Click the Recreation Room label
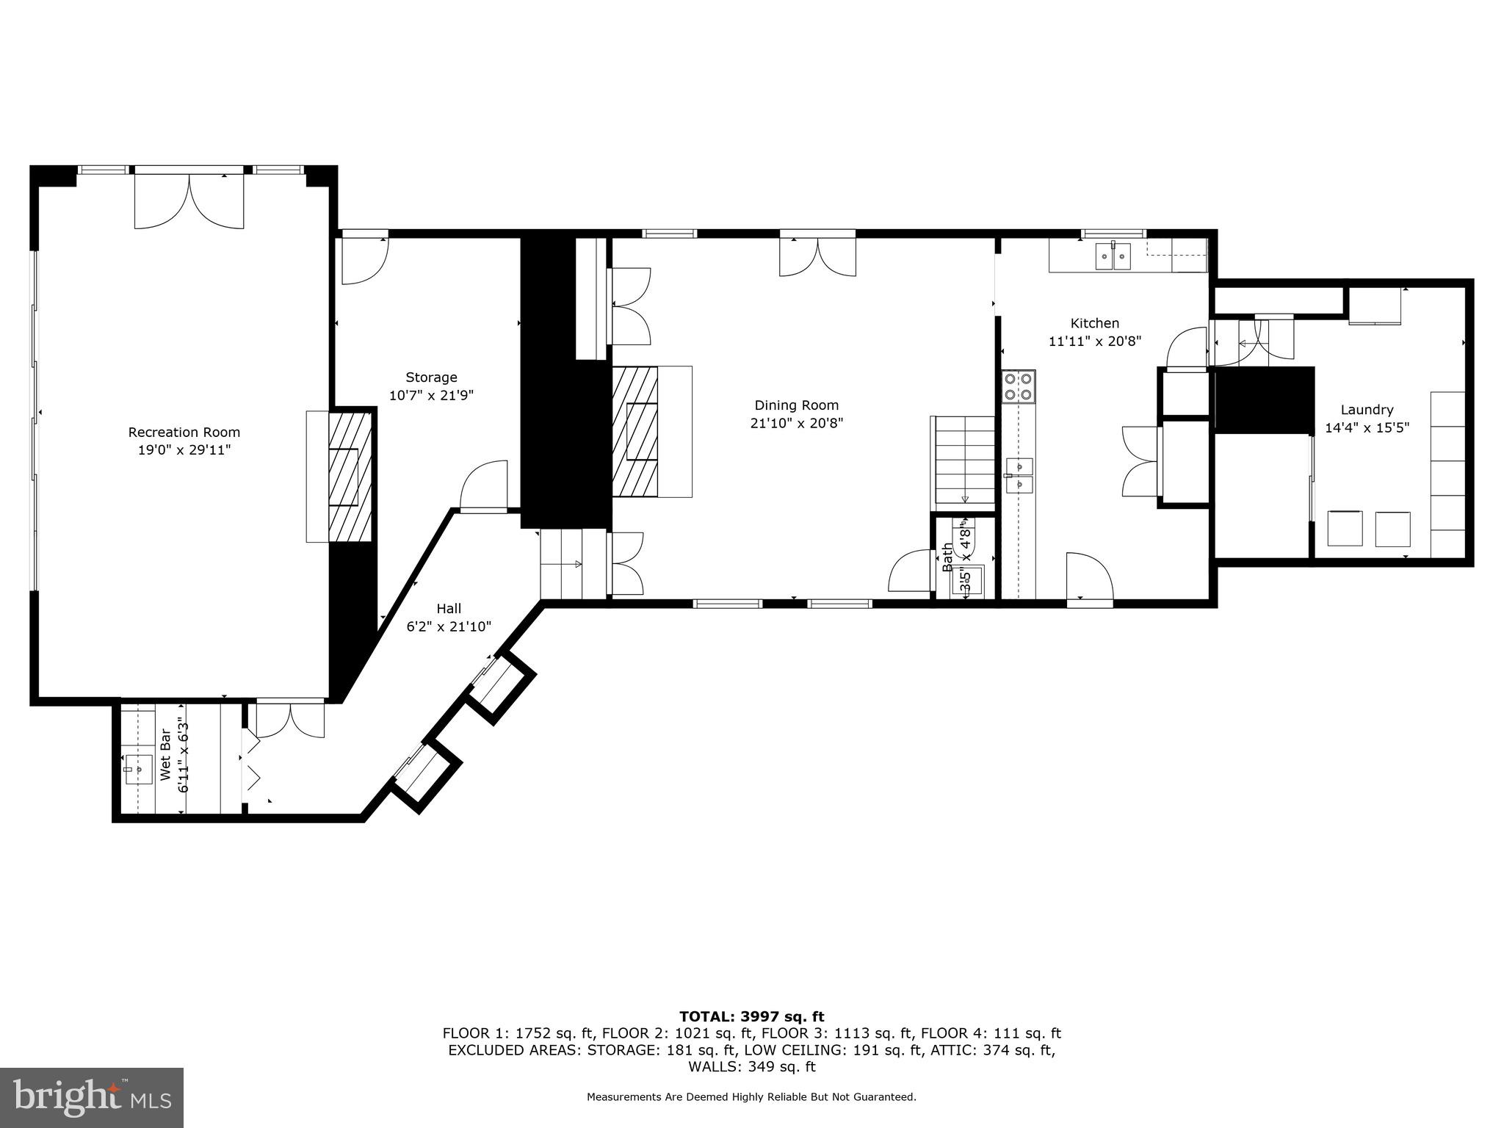[x=184, y=433]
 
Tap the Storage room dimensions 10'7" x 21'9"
[x=431, y=395]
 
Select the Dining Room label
[x=796, y=405]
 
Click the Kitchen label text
[x=1094, y=323]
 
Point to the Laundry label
[x=1367, y=410]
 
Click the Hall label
[x=449, y=608]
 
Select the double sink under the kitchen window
[x=1114, y=257]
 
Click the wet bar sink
[x=138, y=769]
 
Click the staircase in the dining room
[x=963, y=460]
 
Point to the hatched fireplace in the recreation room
[x=349, y=477]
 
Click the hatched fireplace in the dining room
[x=636, y=431]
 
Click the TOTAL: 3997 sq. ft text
[x=751, y=1016]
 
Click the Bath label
[x=947, y=557]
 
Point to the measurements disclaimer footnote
[x=751, y=1097]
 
